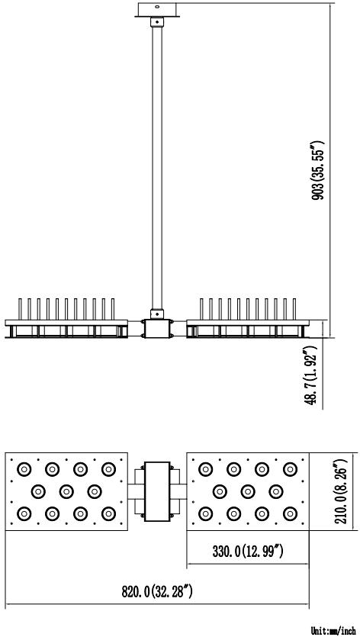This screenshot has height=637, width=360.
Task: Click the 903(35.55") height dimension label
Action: pyautogui.click(x=317, y=171)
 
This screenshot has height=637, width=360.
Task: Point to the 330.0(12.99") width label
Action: pyautogui.click(x=248, y=552)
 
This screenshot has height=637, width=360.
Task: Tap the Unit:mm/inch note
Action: pyautogui.click(x=333, y=630)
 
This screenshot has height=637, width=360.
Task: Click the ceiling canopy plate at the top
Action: pyautogui.click(x=157, y=10)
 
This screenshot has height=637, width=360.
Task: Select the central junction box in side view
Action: pyautogui.click(x=157, y=329)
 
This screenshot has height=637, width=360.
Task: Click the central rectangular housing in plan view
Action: pyautogui.click(x=157, y=491)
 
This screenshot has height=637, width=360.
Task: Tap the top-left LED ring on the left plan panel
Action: pyautogui.click(x=24, y=470)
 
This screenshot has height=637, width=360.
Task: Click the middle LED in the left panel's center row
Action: pyautogui.click(x=66, y=491)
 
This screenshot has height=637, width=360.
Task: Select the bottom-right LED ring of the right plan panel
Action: pyautogui.click(x=290, y=513)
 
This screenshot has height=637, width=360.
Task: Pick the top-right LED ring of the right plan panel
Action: pyautogui.click(x=290, y=470)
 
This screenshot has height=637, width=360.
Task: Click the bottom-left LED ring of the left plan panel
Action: pyautogui.click(x=24, y=513)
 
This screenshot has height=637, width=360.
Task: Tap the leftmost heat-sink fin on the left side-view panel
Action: pyautogui.click(x=20, y=309)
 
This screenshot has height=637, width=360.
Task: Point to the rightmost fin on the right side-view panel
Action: pyautogui.click(x=294, y=309)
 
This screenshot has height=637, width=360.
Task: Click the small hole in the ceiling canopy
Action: pyautogui.click(x=157, y=7)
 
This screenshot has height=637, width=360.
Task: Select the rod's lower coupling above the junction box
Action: pyautogui.click(x=157, y=314)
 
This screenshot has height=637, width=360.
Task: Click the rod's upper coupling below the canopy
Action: pyautogui.click(x=157, y=22)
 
